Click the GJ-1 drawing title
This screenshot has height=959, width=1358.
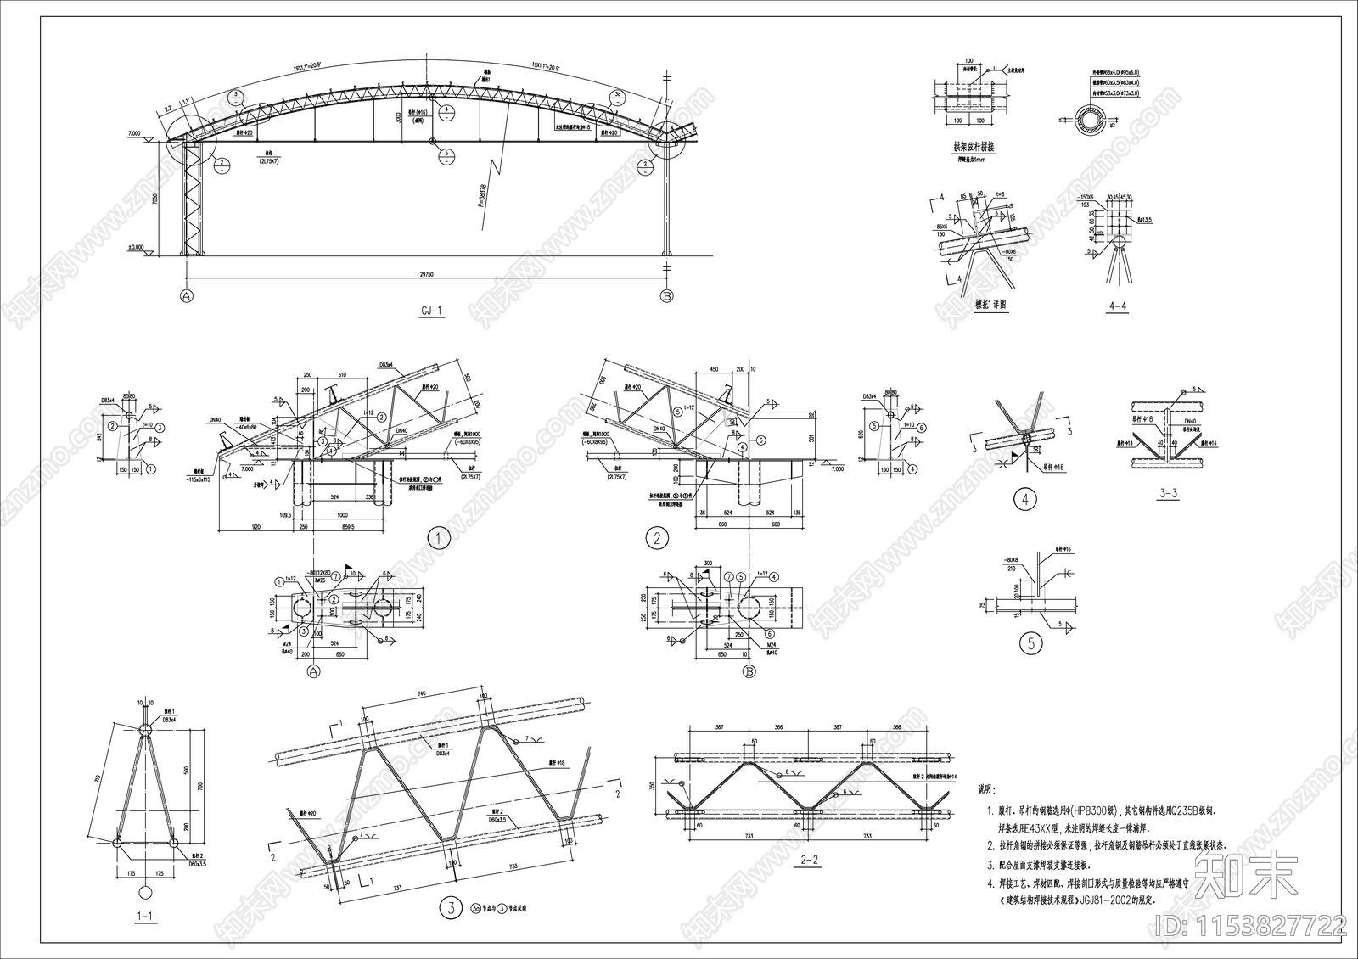432,311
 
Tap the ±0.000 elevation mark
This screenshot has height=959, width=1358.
136,248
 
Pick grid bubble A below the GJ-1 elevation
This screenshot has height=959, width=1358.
186,295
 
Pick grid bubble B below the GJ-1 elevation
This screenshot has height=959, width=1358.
667,295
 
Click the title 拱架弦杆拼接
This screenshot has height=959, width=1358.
974,147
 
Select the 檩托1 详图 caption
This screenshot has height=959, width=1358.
990,305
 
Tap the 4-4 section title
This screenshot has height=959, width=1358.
1118,306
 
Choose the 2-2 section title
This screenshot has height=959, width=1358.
810,861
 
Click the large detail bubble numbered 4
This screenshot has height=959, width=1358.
1025,500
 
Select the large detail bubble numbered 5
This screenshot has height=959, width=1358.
1031,643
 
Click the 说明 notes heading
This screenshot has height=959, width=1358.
987,788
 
